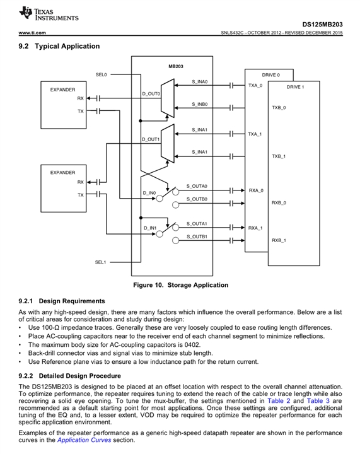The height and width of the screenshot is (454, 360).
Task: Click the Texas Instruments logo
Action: (x=49, y=14)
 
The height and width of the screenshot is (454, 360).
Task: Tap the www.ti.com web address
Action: (x=32, y=33)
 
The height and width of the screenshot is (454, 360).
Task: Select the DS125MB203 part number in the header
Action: (x=322, y=25)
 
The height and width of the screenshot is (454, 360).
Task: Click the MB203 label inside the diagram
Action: (x=176, y=66)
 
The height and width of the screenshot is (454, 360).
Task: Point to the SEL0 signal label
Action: (x=102, y=74)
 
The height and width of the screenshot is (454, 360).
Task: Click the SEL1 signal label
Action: (x=100, y=262)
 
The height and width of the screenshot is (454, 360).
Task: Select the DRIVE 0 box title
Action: (x=271, y=75)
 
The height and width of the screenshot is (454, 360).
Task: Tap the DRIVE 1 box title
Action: (x=295, y=87)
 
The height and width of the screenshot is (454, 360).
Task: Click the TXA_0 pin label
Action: (x=255, y=85)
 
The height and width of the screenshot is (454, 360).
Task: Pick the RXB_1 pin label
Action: (x=279, y=240)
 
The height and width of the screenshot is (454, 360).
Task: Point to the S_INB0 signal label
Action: (x=200, y=104)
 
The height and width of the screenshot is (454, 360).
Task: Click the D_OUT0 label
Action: (x=151, y=94)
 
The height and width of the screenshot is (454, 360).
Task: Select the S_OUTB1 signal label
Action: (x=197, y=236)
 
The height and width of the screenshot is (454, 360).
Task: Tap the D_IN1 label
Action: (x=150, y=228)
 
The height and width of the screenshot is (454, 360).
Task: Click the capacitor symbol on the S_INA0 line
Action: (x=231, y=85)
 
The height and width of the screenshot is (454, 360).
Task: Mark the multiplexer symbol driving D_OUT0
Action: (x=168, y=98)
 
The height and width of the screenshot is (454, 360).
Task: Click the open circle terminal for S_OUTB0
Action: (x=175, y=205)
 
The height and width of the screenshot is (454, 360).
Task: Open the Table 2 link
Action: (x=279, y=401)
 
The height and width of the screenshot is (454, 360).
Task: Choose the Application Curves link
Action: (x=84, y=440)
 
